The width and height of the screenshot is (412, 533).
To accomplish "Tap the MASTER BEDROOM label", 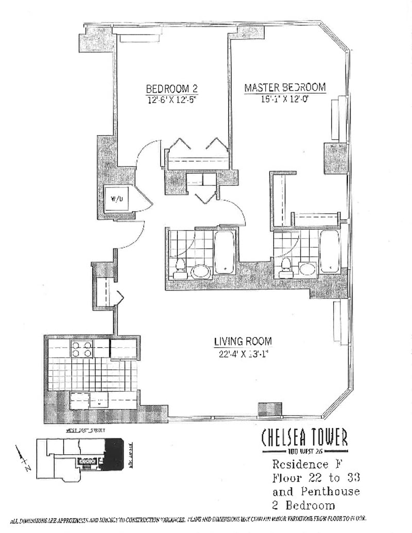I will click(285, 88).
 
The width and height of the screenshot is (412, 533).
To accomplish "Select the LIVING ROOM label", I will click(243, 341).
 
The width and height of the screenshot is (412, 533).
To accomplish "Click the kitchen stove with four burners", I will click(81, 349).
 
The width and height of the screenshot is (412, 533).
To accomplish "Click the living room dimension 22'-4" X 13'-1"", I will click(243, 353).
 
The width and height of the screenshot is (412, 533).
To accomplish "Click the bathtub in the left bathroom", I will click(225, 252).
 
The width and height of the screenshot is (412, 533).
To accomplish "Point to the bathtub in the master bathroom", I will click(329, 251).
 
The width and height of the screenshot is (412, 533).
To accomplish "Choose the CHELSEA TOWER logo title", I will click(304, 439).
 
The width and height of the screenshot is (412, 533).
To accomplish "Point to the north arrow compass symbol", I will click(23, 458).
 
